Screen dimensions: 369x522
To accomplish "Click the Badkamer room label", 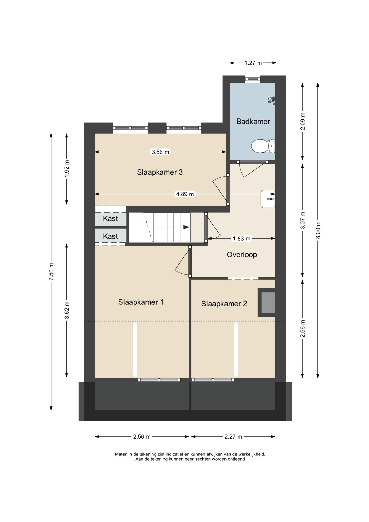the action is tap(253, 121).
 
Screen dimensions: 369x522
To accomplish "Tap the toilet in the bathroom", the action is tap(263, 146).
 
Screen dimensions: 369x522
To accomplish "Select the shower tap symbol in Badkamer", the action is tap(271, 101).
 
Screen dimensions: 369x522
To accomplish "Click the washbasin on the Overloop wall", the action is tap(268, 199).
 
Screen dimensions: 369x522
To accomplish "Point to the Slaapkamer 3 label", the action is tap(160, 172).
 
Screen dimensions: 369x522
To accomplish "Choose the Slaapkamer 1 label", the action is tap(141, 302).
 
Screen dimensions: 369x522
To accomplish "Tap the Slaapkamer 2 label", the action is tap(224, 304).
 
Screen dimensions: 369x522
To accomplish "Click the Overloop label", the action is tap(242, 255).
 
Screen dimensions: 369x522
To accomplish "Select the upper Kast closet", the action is tap(110, 219).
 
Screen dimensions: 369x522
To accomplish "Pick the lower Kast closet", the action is tap(110, 236).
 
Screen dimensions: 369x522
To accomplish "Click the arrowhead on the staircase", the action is tap(186, 227).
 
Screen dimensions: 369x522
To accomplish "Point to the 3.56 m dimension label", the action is tap(160, 152).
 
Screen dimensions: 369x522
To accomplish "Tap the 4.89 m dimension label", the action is tap(185, 194).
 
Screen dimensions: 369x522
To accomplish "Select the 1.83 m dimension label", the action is tap(241, 239).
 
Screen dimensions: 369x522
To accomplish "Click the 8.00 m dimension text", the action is tap(318, 230).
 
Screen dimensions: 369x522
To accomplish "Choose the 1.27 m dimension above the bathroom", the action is tap(253, 63).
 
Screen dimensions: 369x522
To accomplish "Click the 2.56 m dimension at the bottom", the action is tap(142, 437).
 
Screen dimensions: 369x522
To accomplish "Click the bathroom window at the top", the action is tap(253, 79).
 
